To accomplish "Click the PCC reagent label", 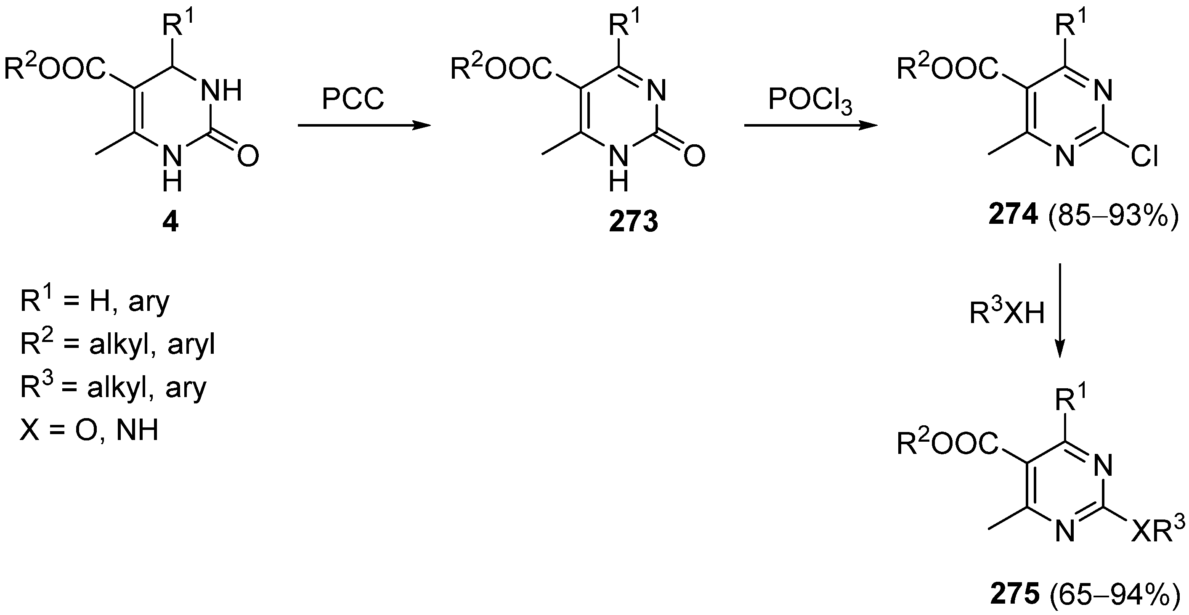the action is pyautogui.click(x=353, y=99).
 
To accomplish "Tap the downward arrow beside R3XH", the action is pyautogui.click(x=1060, y=310).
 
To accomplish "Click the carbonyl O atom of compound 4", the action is pyautogui.click(x=248, y=157).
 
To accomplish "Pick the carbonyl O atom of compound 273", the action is pyautogui.click(x=695, y=157).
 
